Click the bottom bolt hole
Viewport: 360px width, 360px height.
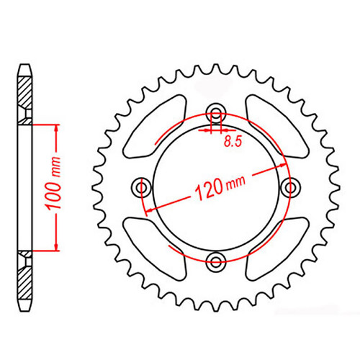click(215, 261)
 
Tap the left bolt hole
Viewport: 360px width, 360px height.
click(140, 187)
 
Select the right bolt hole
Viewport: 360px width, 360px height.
click(291, 187)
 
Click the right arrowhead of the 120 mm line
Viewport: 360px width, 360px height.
click(280, 163)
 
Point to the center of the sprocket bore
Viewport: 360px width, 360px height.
click(215, 186)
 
